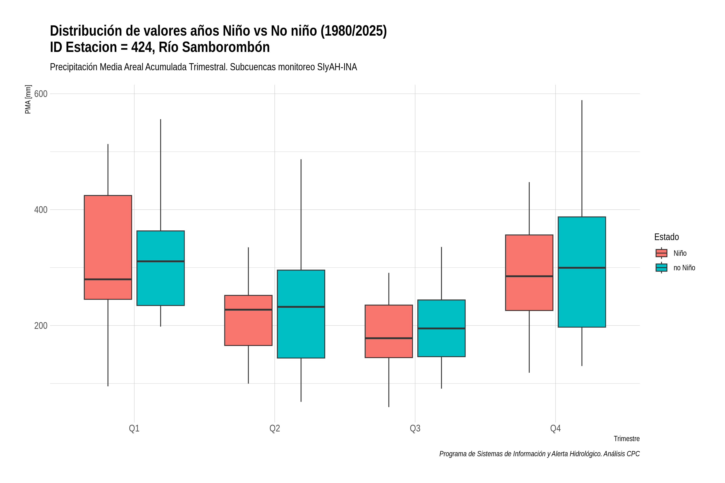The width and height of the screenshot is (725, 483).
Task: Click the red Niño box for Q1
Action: point(108,247)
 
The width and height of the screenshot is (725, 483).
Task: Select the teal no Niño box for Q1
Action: point(161,268)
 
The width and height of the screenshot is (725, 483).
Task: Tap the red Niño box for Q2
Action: point(249,320)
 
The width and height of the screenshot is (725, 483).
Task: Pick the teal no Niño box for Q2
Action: point(301,314)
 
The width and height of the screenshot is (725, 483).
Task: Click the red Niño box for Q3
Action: point(389,331)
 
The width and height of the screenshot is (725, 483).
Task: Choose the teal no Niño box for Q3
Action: point(441,328)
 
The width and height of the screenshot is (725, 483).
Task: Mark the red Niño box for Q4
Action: point(529,273)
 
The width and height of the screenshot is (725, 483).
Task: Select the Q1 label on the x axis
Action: point(134,428)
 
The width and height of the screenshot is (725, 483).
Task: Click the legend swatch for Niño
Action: point(662,253)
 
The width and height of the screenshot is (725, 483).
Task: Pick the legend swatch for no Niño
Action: point(662,268)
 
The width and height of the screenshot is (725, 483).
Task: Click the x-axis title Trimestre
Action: point(627,439)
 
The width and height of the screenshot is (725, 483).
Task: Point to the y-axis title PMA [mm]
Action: point(28,99)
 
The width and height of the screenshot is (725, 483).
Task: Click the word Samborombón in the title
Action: point(226,47)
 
